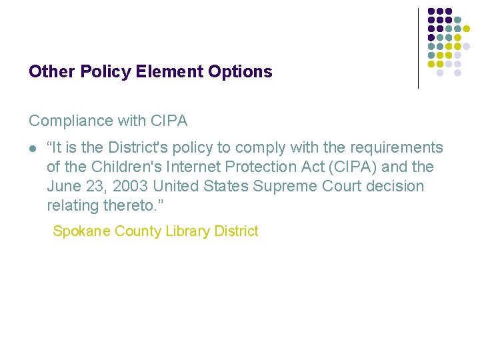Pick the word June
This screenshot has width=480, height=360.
point(63,186)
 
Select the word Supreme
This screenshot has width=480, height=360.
point(279,186)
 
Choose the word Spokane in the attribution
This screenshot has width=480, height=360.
point(81,231)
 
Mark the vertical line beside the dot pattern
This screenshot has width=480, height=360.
point(418,48)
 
